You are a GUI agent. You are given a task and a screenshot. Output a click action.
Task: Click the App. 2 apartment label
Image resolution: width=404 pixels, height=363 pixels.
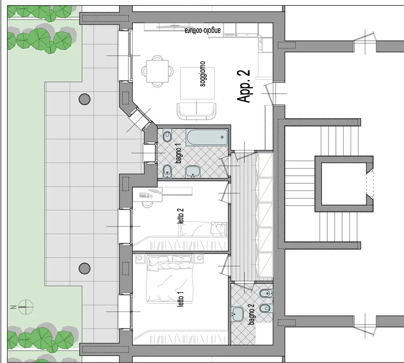pos(243,86)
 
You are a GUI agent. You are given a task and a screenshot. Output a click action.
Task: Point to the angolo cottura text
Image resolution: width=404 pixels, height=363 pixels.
pos(202,30)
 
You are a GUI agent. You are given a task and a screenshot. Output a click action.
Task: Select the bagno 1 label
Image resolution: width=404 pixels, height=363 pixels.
pos(178,154)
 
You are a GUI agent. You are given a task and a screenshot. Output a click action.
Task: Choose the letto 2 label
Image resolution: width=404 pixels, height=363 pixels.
pos(181,216)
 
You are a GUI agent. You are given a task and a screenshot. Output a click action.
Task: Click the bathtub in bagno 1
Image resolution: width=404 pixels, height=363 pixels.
pos(207,138)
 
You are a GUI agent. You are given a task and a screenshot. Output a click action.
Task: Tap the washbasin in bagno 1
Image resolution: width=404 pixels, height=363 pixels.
pos(193,172)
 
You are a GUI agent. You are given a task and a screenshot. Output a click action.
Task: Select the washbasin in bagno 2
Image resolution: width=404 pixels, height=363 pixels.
pos(237,314)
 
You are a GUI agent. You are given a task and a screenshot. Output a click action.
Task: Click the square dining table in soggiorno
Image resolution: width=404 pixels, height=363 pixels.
pos(157,71)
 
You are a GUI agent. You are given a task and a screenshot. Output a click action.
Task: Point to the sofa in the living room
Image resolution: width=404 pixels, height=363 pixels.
pos(197,111)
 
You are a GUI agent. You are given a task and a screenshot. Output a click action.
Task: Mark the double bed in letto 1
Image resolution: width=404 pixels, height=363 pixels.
pos(170,278)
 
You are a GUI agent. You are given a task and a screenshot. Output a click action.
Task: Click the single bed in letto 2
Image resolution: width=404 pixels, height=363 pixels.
pos(204,228)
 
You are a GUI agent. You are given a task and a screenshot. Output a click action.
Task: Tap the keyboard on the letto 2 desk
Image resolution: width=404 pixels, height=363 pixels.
pos(144,195)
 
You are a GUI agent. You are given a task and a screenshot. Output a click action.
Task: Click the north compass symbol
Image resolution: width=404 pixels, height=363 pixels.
pos(26,307)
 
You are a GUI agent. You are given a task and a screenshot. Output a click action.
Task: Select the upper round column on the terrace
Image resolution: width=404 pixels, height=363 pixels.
pos(84,99)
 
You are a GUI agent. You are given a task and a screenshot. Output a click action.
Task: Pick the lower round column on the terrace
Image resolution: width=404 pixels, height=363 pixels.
pos(84,268)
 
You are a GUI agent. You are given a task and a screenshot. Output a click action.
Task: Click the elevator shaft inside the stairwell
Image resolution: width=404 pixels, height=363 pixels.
pos(344,184)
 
